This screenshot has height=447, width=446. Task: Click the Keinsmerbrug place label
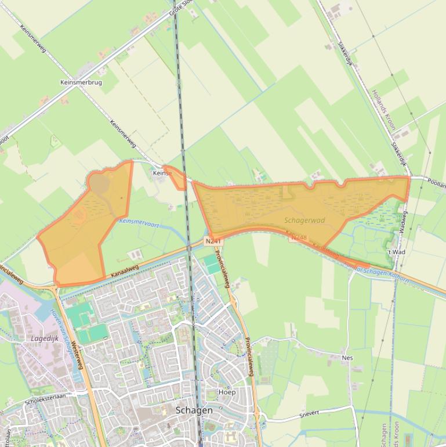point(81,82)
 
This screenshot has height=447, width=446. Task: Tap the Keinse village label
point(162,173)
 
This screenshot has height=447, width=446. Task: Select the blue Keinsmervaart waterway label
point(139,222)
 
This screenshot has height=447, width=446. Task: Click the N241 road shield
point(213,240)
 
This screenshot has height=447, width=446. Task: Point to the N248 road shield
point(298,237)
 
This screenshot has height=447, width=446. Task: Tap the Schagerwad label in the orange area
point(304,221)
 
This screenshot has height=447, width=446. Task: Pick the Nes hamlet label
point(347,358)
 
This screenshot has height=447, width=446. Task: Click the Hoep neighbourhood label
point(227,392)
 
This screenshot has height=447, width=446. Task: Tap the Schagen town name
point(194,410)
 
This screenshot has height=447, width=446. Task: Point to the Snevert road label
point(309,413)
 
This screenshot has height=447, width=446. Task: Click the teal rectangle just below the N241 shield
point(212,265)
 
